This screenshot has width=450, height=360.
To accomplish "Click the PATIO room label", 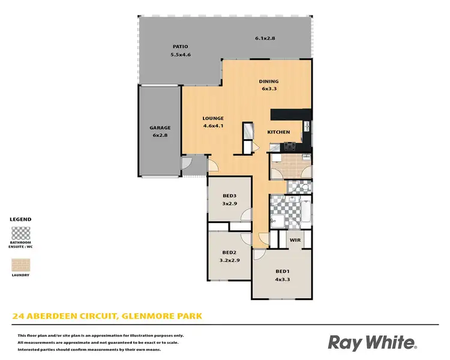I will tap(181, 46).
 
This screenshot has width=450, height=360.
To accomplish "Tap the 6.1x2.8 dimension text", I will tap(265, 38).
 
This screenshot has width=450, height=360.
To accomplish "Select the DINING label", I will tap(269, 82).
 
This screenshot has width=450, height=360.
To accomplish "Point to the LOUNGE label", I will tap(213, 118).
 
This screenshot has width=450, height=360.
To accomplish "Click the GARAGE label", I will tap(160, 128).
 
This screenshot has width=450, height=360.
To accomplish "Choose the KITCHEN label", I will tap(278, 132).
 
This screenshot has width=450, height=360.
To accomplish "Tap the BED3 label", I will tap(229, 196).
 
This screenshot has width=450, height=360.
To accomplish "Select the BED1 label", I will tap(282, 271).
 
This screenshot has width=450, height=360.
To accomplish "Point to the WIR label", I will tap(295, 240).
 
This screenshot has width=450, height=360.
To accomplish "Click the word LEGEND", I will tap(21, 220).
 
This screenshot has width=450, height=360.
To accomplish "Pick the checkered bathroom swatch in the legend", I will tap(21, 233).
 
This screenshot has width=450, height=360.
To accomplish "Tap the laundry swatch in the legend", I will tap(21, 265).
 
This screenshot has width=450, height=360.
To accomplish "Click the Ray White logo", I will tap(372, 343).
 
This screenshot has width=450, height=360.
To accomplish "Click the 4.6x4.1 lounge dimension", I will tap(213, 126).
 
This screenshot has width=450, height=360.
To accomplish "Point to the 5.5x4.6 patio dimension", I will tap(181, 55).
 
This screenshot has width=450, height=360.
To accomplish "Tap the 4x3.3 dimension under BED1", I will tap(282, 280).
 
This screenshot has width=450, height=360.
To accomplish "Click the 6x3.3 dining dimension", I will tap(269, 89).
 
